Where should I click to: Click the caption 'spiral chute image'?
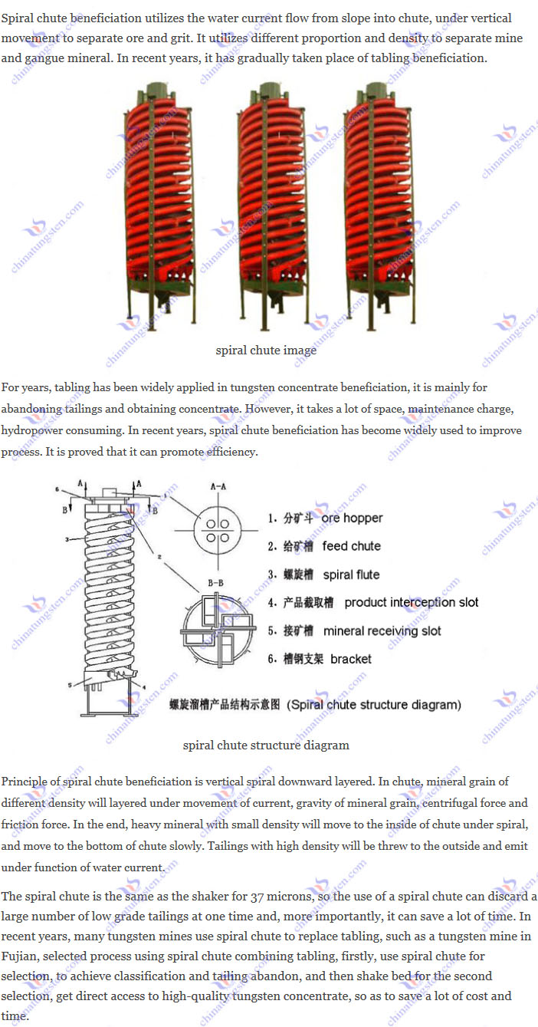266,351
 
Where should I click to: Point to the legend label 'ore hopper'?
352,518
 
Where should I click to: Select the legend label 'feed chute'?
351,546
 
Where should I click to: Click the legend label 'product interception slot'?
411,602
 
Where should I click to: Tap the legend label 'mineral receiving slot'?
382,630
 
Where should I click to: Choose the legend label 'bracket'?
351,659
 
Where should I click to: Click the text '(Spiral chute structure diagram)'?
374,704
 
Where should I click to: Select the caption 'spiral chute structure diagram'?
266,745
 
